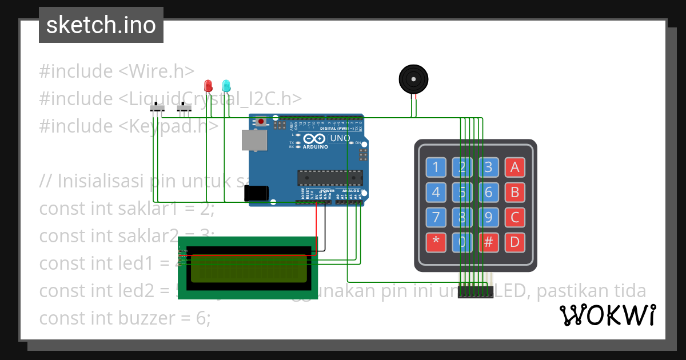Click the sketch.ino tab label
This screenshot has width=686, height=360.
pyautogui.click(x=101, y=25)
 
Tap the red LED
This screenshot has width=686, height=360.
pyautogui.click(x=208, y=86)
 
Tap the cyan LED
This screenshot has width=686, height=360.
pyautogui.click(x=226, y=86)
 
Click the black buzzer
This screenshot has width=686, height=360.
pyautogui.click(x=413, y=78)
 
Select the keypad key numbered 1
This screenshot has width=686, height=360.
pyautogui.click(x=436, y=167)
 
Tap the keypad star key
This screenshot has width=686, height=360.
pyautogui.click(x=436, y=242)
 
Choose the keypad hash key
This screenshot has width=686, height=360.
pyautogui.click(x=488, y=242)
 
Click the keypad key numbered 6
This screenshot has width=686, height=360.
pyautogui.click(x=488, y=192)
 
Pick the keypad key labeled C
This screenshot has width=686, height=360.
pyautogui.click(x=514, y=217)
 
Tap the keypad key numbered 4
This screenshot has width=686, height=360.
pyautogui.click(x=436, y=192)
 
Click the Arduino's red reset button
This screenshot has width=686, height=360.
pyautogui.click(x=261, y=121)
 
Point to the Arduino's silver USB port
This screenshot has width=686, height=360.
pyautogui.click(x=254, y=140)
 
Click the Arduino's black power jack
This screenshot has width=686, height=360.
pyautogui.click(x=256, y=193)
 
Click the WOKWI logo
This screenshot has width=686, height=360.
pyautogui.click(x=607, y=315)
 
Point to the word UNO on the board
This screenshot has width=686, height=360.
pyautogui.click(x=341, y=138)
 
